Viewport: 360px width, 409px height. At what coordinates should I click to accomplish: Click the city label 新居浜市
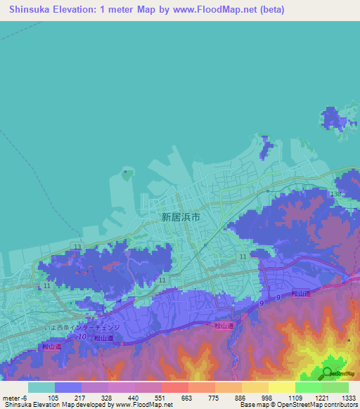(181, 217)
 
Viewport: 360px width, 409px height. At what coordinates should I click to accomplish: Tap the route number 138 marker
(337, 194)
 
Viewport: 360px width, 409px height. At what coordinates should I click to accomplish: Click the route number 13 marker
(76, 247)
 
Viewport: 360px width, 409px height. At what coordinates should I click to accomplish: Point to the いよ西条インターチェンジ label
(82, 327)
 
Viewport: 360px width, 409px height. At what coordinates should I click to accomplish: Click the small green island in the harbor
(127, 174)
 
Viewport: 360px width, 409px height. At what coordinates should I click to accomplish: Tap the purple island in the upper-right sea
(339, 119)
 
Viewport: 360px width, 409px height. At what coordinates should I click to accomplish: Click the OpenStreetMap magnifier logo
(328, 373)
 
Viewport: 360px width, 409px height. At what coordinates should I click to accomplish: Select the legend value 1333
(348, 397)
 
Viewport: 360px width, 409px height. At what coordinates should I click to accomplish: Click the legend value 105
(53, 397)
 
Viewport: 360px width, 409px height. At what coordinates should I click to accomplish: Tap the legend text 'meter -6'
(15, 397)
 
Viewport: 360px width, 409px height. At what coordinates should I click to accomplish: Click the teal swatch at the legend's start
(41, 387)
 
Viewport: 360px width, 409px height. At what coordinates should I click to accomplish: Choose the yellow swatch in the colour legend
(281, 387)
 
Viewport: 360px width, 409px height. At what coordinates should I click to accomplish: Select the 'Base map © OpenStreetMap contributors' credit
(299, 405)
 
